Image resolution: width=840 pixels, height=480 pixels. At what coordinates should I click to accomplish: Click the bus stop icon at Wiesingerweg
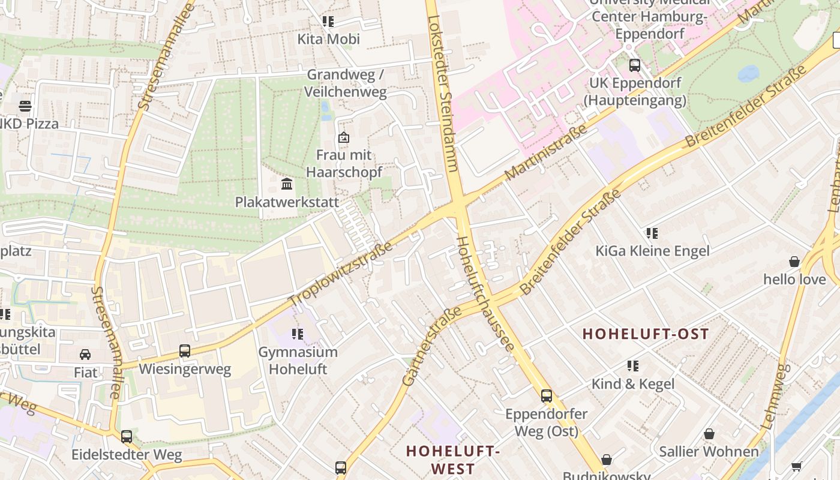coord(185,351)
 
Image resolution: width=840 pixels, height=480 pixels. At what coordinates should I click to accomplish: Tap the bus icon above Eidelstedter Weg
coord(126,436)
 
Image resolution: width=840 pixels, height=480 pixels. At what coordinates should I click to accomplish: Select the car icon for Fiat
coord(85,355)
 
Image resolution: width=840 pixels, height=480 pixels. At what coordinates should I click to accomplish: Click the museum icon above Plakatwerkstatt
coord(287,184)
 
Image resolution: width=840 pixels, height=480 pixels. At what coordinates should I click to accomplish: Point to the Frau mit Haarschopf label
coord(344,164)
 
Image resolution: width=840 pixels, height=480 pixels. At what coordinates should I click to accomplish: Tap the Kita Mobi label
coord(328,40)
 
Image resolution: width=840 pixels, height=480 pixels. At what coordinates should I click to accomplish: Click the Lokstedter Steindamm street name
coord(443,90)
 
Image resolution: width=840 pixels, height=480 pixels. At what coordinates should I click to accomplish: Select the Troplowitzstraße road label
coord(340,274)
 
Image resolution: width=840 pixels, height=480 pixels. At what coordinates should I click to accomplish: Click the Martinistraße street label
coord(545,153)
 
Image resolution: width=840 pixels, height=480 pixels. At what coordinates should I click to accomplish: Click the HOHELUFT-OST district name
coord(646,334)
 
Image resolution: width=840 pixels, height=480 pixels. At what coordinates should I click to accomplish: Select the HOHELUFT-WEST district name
coord(452,460)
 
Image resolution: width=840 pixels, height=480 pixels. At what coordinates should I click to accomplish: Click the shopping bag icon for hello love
coord(794,262)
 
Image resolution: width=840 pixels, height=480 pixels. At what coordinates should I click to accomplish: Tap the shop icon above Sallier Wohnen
coord(709,434)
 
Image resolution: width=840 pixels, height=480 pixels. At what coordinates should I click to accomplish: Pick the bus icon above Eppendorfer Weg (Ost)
coord(546,396)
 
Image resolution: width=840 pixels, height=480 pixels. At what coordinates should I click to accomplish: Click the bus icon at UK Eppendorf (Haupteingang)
coord(634,65)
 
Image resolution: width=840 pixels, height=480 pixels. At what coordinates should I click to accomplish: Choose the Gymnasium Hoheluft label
coord(298,361)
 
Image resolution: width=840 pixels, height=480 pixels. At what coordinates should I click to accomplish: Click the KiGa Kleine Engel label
coord(652,251)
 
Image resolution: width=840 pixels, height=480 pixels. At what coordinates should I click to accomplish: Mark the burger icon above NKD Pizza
coord(25,106)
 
